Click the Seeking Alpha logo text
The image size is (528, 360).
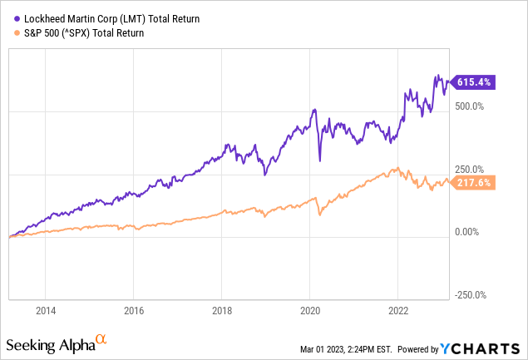[49, 344]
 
